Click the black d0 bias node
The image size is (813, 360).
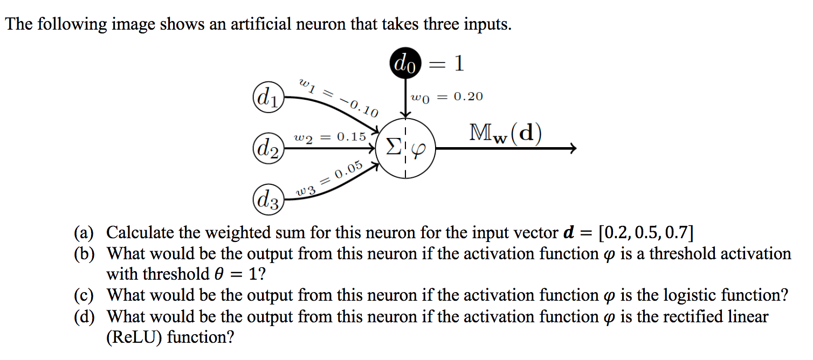point(405,65)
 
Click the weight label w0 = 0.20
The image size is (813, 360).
point(446,97)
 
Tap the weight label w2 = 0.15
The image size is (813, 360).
point(329,137)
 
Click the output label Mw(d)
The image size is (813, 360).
point(505,134)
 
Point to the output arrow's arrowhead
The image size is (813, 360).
point(573,148)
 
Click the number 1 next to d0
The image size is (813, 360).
point(458,64)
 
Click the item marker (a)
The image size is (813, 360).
point(84,233)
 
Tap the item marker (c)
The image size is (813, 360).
point(84,295)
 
